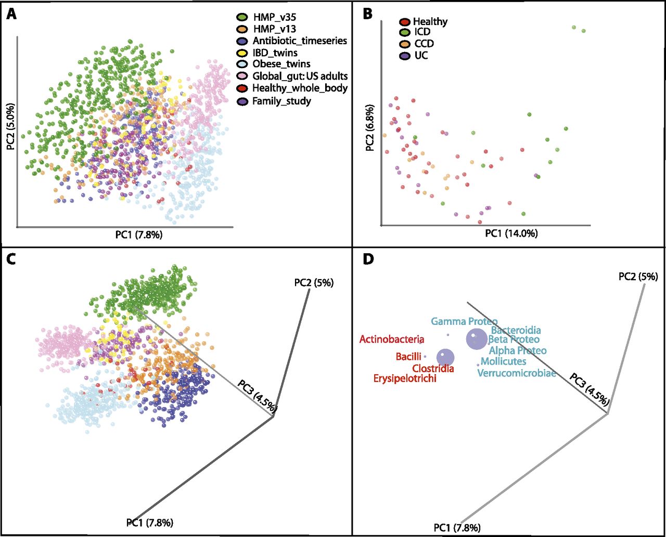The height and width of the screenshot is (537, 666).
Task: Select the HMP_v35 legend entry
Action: [x=275, y=18]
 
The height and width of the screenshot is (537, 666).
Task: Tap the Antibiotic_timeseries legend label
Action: [x=300, y=41]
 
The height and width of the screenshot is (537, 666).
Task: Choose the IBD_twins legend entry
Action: [x=275, y=53]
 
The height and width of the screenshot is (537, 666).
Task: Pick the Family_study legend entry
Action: [x=281, y=101]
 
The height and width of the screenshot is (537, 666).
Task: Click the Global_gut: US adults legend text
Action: [x=300, y=76]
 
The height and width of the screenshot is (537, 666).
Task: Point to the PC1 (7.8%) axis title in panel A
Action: [x=138, y=235]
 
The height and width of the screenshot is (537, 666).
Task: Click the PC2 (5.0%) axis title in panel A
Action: [x=11, y=127]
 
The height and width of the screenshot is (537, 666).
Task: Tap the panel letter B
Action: [x=367, y=14]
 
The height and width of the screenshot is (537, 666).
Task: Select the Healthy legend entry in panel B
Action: [x=430, y=21]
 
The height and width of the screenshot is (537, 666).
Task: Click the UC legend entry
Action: [x=421, y=55]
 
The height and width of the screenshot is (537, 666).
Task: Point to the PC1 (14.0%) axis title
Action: [x=511, y=233]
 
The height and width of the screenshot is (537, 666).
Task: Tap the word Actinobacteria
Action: [x=391, y=339]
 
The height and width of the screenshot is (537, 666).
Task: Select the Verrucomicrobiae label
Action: [x=517, y=373]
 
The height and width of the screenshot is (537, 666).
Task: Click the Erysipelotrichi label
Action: [x=405, y=378]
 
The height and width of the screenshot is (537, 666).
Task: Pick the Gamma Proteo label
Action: [x=464, y=322]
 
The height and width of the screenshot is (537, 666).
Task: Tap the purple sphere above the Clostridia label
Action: [x=444, y=357]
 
